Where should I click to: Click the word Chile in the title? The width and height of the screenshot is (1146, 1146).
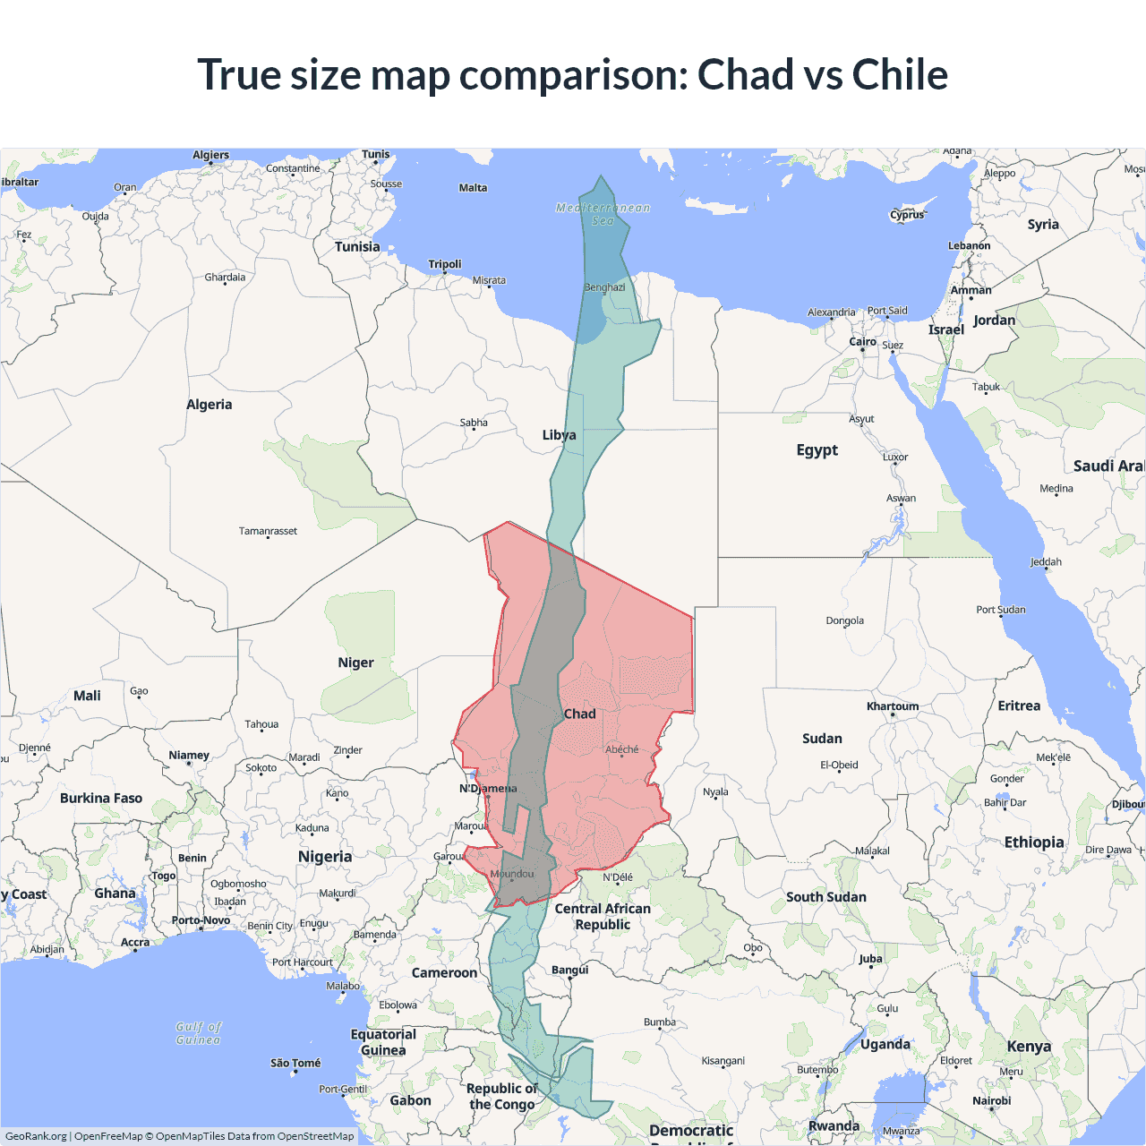click(x=900, y=74)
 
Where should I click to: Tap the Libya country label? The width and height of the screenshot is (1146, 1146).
click(x=559, y=435)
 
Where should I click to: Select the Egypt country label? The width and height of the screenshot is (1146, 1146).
click(x=817, y=449)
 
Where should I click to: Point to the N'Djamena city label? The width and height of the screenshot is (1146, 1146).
click(x=488, y=789)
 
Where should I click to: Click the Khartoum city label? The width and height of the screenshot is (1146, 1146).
click(x=892, y=706)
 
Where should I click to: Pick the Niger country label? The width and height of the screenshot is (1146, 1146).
click(x=355, y=663)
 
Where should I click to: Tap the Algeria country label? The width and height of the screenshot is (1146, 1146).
click(x=209, y=405)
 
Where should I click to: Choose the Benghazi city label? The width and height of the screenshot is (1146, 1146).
click(x=604, y=287)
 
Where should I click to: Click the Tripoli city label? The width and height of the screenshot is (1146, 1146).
click(x=444, y=264)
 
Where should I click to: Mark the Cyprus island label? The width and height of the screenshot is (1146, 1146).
click(x=906, y=215)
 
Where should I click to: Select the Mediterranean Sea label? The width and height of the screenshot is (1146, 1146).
click(x=603, y=214)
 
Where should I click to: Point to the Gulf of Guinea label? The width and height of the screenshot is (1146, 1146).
click(x=198, y=1033)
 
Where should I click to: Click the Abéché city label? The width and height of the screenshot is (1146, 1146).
click(x=621, y=749)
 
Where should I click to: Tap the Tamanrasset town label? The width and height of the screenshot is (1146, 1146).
click(x=268, y=531)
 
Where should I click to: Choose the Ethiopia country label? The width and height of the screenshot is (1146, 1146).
click(x=1034, y=842)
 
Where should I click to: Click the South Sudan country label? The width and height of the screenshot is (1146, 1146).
click(x=825, y=897)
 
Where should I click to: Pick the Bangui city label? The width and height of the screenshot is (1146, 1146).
click(x=569, y=970)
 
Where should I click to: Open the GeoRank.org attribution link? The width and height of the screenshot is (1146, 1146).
click(x=36, y=1136)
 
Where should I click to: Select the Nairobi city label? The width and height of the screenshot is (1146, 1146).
click(x=991, y=1100)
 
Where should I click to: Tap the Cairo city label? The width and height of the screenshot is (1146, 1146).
click(x=862, y=342)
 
